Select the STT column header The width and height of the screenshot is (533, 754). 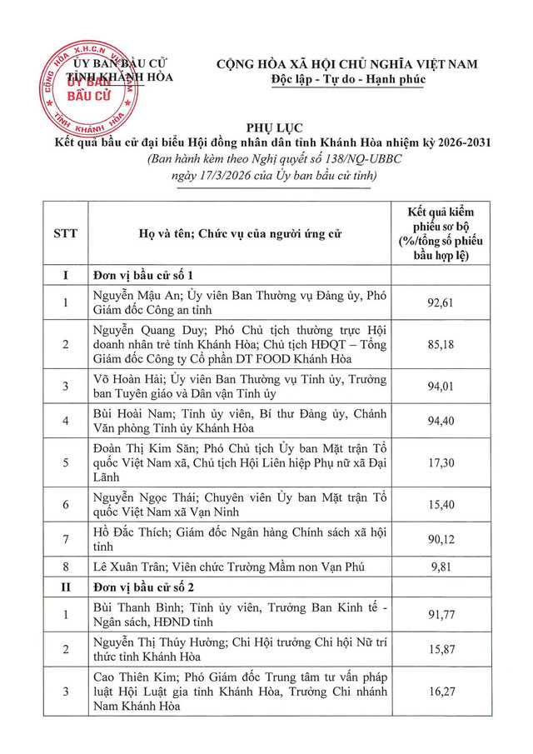64,233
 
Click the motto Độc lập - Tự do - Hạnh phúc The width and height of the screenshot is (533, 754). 348,80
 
